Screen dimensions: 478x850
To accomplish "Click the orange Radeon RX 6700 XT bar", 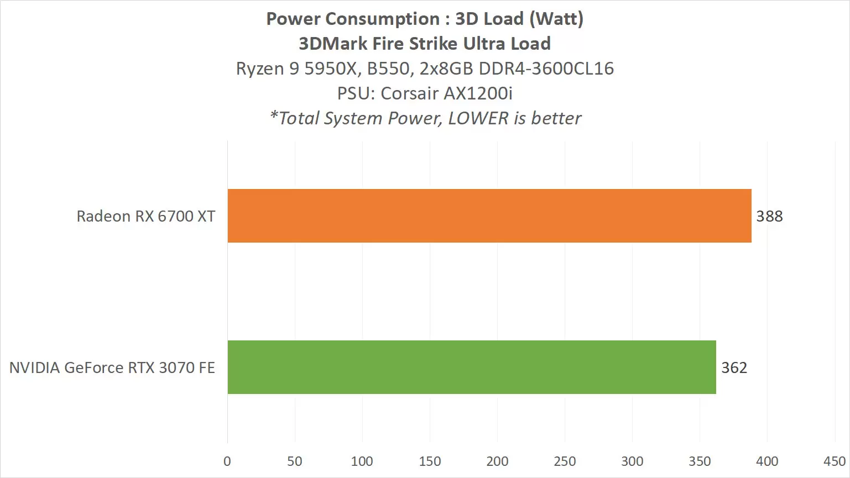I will (489, 216).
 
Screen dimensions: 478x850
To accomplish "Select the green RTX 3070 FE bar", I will (472, 367).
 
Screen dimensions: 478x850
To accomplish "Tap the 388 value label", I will (769, 216).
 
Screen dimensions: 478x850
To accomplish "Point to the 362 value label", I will (734, 367).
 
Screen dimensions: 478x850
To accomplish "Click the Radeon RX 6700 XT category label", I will (146, 216).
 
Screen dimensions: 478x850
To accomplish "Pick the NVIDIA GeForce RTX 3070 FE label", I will (112, 367).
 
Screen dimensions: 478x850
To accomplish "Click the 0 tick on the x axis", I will (227, 461).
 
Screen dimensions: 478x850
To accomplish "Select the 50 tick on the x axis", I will (295, 461).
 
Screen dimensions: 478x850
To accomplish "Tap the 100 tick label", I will (362, 461).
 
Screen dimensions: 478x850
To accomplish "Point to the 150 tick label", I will (430, 461).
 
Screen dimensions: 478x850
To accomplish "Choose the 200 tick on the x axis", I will (497, 461).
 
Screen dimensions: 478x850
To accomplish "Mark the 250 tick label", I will (565, 461).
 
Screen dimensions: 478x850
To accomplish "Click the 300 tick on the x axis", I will (632, 461).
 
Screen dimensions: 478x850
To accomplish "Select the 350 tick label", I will (700, 461).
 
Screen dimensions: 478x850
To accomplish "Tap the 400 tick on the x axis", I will (767, 461).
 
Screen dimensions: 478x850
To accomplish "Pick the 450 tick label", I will (834, 461).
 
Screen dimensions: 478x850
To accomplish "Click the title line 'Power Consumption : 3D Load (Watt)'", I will (425, 19).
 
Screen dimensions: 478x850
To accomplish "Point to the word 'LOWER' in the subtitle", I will (478, 118).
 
